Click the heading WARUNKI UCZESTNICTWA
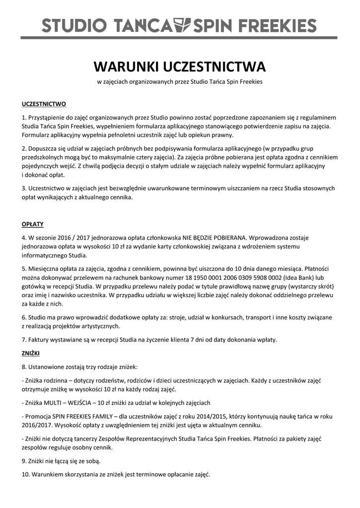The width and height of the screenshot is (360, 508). tap(180, 66)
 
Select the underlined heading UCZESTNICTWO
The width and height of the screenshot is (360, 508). tap(44, 104)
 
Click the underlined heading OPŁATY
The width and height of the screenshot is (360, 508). tap(33, 224)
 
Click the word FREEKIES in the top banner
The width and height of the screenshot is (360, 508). tap(279, 25)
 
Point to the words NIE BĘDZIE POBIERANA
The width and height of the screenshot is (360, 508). tap(212, 237)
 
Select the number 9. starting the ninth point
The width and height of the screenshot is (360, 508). tap(25, 461)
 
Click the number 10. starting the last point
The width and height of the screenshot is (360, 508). tap(26, 474)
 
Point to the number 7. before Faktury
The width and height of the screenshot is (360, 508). tap(24, 340)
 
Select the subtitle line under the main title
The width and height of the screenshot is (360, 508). tap(180, 81)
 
